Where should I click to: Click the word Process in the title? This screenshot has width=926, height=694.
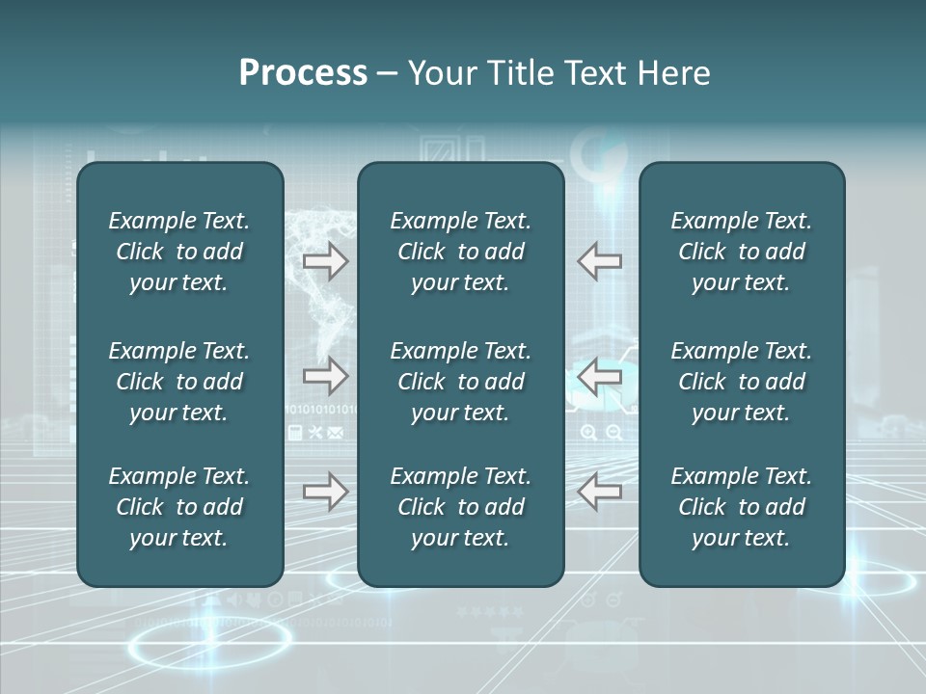point(303,73)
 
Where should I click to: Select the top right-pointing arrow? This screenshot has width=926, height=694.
point(326,261)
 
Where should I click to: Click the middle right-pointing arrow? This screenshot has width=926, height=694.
point(326,376)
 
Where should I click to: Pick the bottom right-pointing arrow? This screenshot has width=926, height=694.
point(326,492)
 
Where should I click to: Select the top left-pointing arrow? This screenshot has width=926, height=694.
point(600,261)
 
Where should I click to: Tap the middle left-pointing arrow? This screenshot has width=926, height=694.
point(600,376)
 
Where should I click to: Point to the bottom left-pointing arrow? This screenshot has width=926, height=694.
point(600,492)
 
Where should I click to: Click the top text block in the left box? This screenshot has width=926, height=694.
point(179,252)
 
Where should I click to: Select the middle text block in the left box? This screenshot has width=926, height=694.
point(179,382)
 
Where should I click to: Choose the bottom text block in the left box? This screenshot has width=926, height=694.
point(179,507)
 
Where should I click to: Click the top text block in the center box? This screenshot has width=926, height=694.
point(461,252)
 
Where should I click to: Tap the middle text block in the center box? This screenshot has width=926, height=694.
point(461,382)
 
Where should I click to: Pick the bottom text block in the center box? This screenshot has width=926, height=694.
point(461,507)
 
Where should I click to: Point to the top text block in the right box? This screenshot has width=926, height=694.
point(742,252)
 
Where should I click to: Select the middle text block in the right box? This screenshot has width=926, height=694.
point(742,382)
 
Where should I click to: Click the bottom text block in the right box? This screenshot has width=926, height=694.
point(742,507)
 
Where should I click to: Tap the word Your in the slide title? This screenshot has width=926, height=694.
point(443,73)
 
